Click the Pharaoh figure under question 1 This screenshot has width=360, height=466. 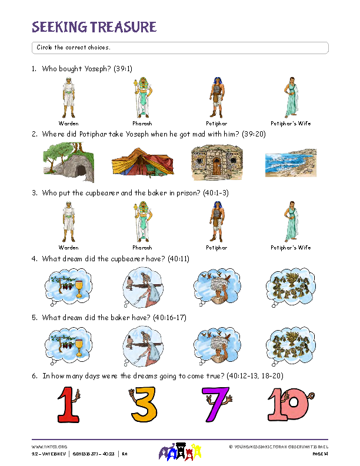point(142,98)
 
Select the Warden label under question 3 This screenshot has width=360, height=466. point(69,248)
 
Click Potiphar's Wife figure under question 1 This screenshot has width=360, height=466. point(291,98)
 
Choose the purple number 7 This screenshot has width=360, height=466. point(216,405)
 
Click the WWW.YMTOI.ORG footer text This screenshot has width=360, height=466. point(45,447)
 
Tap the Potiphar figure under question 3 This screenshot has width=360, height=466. point(216,222)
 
